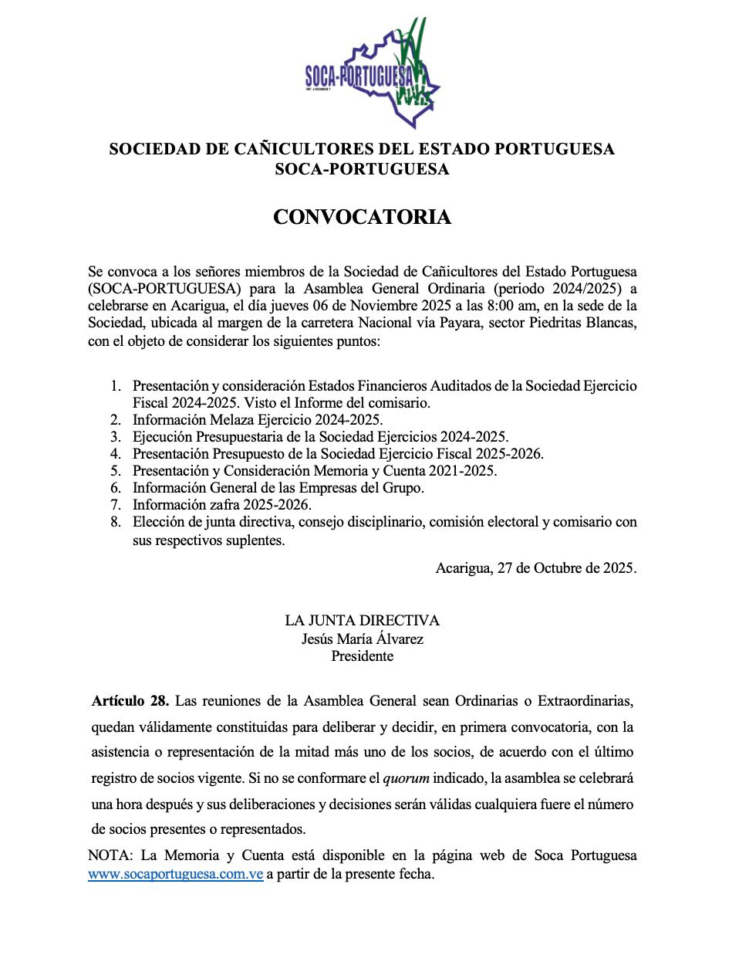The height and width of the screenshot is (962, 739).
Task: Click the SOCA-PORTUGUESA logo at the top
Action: (x=371, y=74)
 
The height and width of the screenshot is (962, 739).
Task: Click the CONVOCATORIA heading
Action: (x=362, y=217)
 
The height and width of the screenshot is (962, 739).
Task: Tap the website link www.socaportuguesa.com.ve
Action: (x=176, y=875)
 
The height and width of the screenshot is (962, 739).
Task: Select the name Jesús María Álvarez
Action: (x=362, y=639)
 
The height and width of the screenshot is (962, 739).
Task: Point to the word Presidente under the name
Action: (x=362, y=656)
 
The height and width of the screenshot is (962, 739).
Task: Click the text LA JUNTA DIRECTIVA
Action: (x=362, y=620)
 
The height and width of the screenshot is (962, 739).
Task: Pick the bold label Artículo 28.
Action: (x=130, y=701)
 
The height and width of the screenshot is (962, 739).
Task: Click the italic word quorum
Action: (x=406, y=778)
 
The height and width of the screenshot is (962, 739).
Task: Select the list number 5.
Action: (x=116, y=471)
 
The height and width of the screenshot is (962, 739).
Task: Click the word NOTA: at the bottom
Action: (x=111, y=855)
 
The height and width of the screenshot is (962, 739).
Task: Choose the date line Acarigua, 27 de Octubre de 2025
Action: (x=536, y=568)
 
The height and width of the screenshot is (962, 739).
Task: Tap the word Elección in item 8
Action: (x=158, y=522)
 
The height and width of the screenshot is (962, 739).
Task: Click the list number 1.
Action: (x=116, y=386)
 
